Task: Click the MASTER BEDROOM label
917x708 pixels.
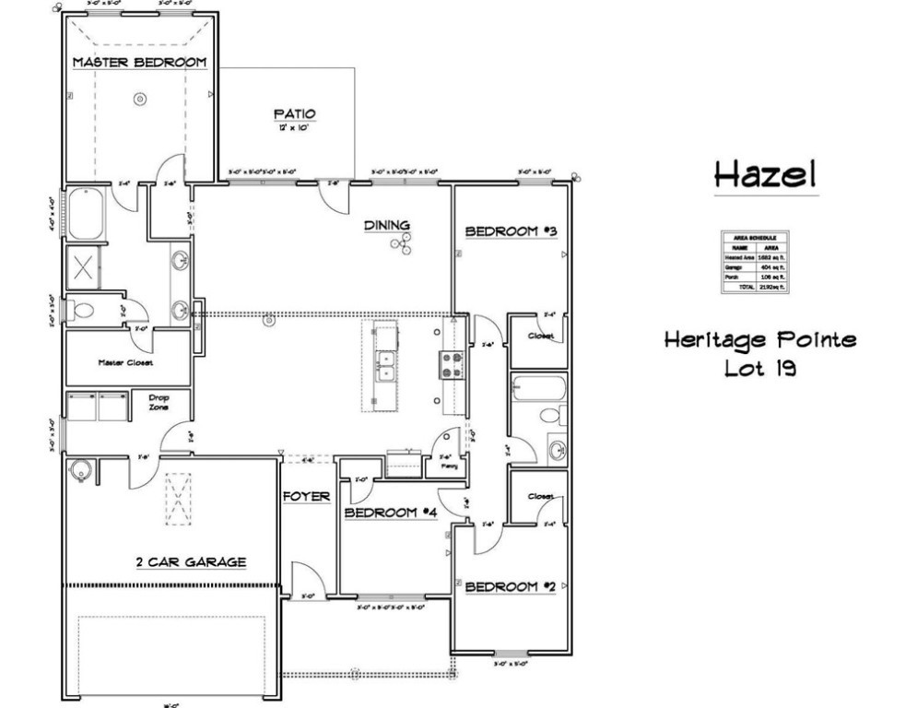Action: [139, 63]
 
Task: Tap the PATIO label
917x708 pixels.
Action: [294, 114]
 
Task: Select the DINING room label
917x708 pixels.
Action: [386, 225]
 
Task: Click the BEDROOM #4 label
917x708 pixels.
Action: [389, 513]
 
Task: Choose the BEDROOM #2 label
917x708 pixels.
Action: [510, 586]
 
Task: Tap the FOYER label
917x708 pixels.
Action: [307, 496]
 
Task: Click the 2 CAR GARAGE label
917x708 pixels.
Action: [191, 561]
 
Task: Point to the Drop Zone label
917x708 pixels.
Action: [159, 402]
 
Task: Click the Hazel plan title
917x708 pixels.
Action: [765, 173]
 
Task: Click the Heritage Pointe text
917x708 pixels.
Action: [759, 340]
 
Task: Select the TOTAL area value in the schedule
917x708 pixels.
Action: [771, 287]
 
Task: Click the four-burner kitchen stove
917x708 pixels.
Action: [452, 365]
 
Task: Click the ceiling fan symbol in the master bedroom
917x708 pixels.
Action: [140, 97]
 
